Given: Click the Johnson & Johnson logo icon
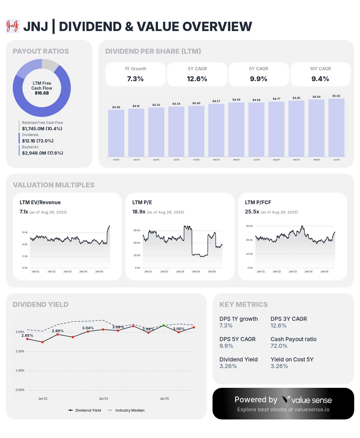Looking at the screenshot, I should pyautogui.click(x=13, y=26).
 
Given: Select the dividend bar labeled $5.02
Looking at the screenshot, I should pyautogui.click(x=336, y=128).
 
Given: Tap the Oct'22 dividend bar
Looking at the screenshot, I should pyautogui.click(x=116, y=133).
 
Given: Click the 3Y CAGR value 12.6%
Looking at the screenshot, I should pyautogui.click(x=197, y=79).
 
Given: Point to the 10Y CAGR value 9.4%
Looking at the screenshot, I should pyautogui.click(x=320, y=79).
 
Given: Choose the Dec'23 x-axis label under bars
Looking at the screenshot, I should pyautogui.click(x=216, y=160).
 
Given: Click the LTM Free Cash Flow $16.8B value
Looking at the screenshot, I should pyautogui.click(x=42, y=93).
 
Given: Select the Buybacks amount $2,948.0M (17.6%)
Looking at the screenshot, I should pyautogui.click(x=42, y=153).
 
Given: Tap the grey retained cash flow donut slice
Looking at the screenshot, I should pyautogui.click(x=50, y=65).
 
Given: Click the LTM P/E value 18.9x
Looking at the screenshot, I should pyautogui.click(x=139, y=212).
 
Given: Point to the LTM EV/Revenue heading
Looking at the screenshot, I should pyautogui.click(x=40, y=202).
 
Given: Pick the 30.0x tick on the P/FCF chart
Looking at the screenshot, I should pyautogui.click(x=249, y=226).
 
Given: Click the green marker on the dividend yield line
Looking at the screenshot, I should pyautogui.click(x=163, y=325).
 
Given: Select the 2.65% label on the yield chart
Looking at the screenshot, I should pyautogui.click(x=27, y=336).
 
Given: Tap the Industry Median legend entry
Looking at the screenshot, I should pyautogui.click(x=129, y=410).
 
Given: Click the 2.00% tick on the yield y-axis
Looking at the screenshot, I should pyautogui.click(x=20, y=351).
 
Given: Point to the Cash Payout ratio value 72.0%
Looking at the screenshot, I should pyautogui.click(x=279, y=346).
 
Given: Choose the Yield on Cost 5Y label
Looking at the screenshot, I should pyautogui.click(x=292, y=359).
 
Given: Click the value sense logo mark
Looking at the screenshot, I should pyautogui.click(x=286, y=400).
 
